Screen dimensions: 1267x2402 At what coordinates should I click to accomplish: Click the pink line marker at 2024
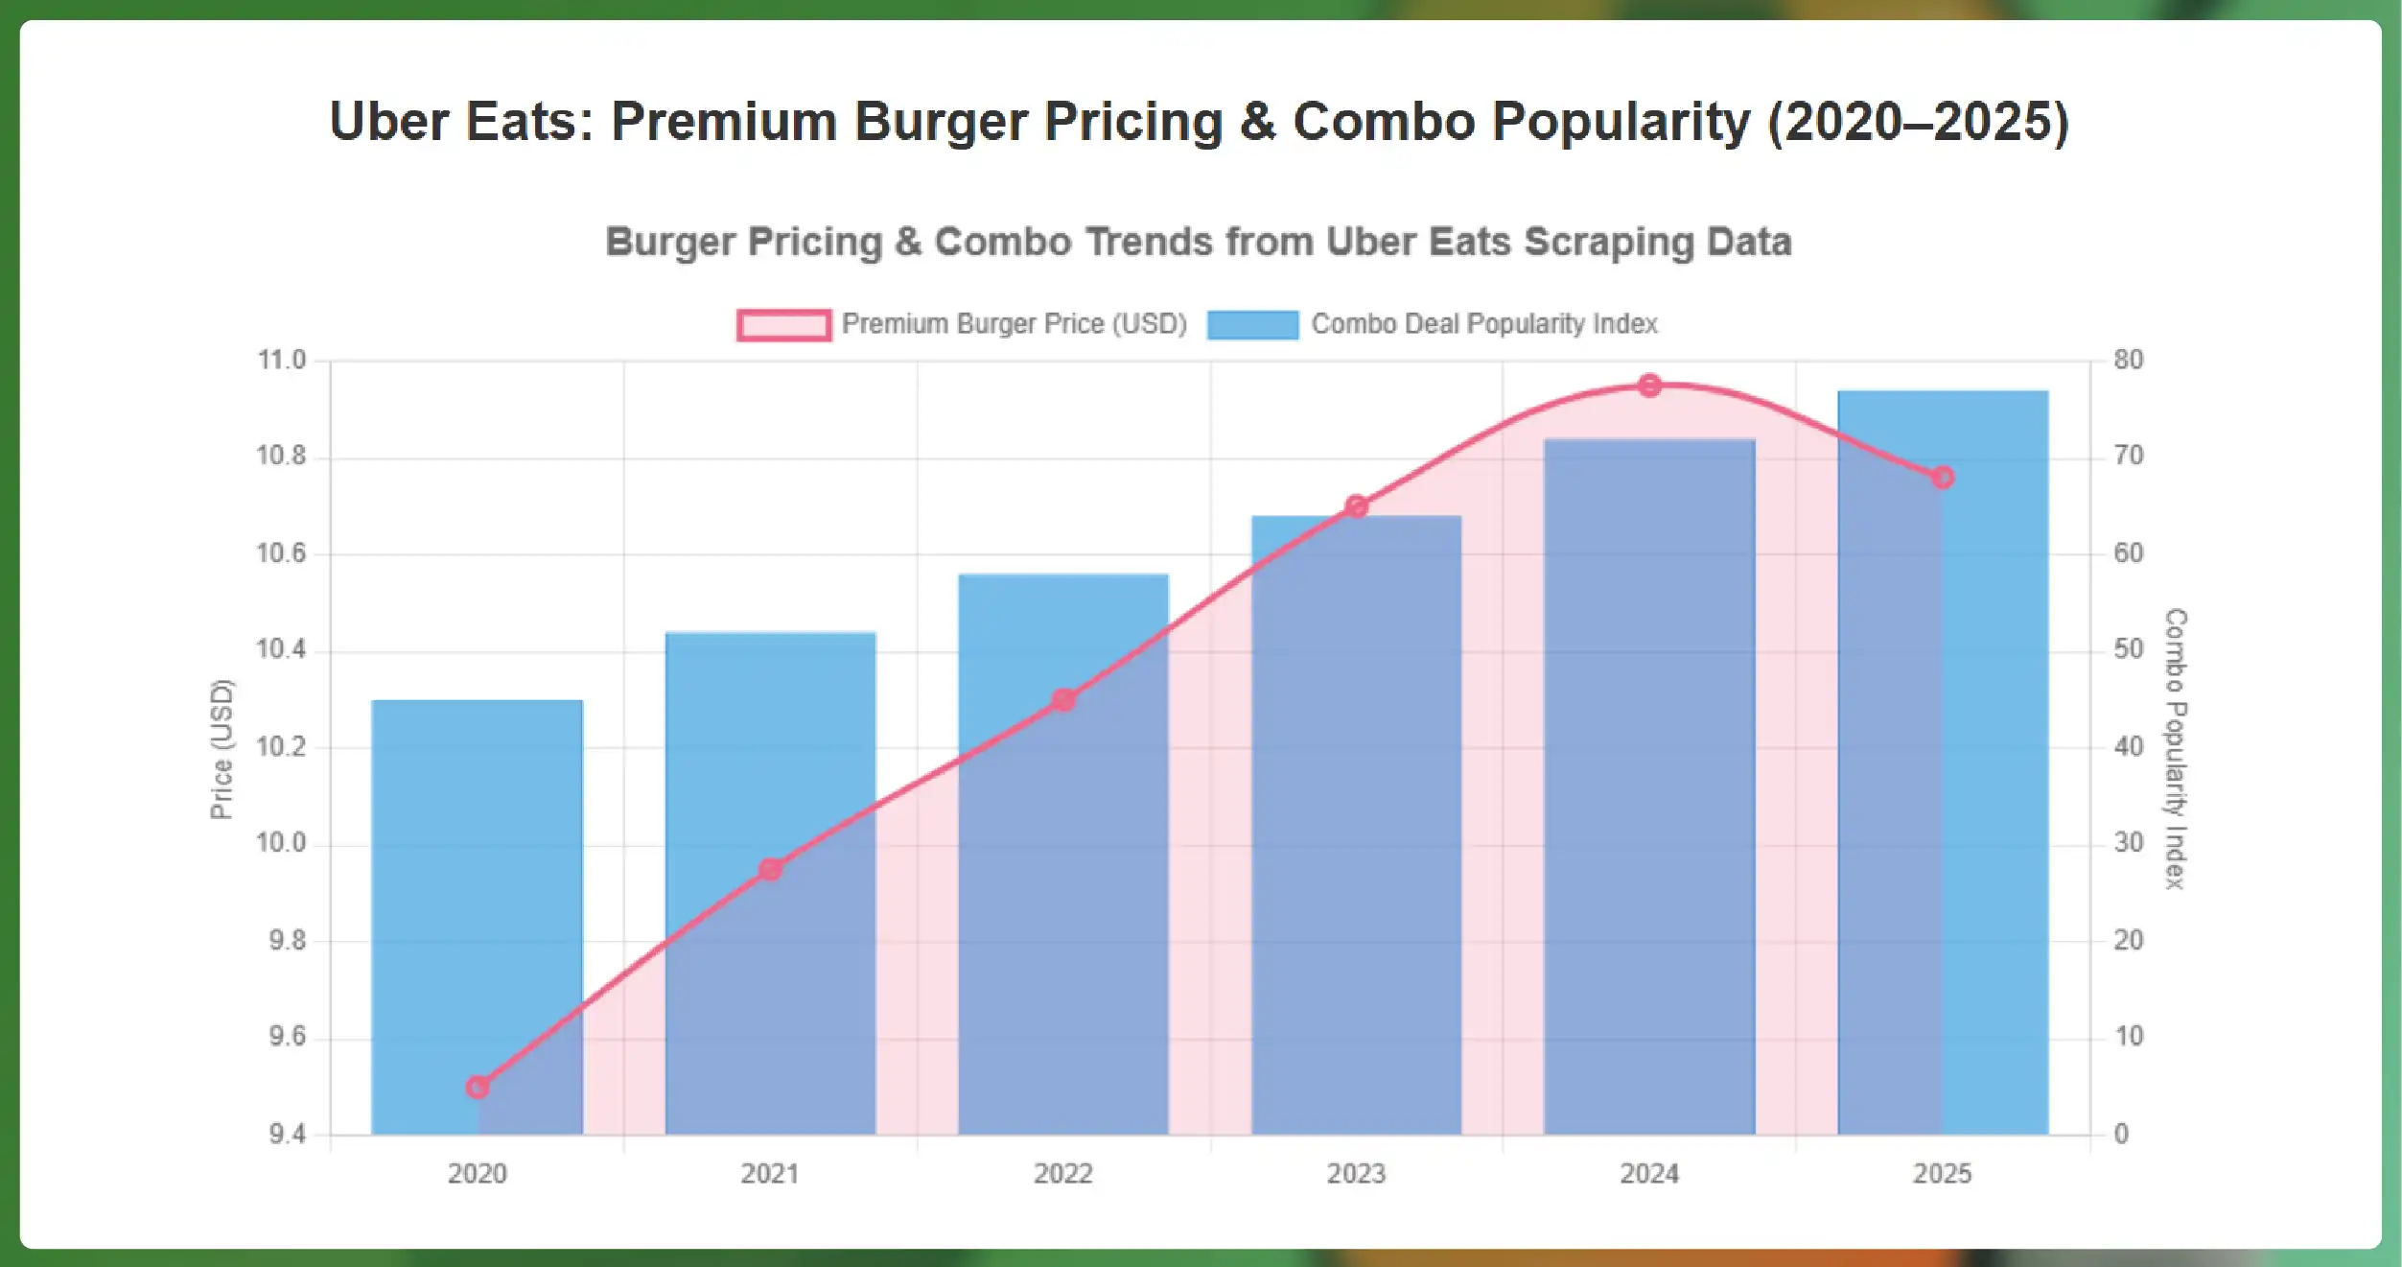click(x=1649, y=386)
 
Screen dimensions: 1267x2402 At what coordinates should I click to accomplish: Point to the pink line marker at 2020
click(x=478, y=1087)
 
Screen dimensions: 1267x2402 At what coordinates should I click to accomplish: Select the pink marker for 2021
click(x=770, y=869)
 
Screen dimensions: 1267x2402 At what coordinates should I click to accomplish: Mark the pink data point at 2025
click(x=1943, y=477)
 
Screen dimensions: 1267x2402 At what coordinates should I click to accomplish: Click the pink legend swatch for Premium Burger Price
click(x=783, y=324)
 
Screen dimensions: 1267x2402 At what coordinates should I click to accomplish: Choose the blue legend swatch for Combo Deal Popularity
click(x=1252, y=324)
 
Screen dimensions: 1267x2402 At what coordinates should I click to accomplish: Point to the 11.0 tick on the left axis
click(x=281, y=361)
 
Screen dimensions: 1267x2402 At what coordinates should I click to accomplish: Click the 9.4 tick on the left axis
click(x=287, y=1135)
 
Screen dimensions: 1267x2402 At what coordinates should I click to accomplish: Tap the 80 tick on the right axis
click(x=2128, y=361)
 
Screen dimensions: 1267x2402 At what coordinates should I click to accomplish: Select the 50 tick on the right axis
click(x=2128, y=649)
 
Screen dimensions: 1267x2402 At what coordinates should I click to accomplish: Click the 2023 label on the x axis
click(x=1356, y=1173)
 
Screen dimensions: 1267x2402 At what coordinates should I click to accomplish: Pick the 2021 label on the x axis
click(x=770, y=1173)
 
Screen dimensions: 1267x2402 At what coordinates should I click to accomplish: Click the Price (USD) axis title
click(x=222, y=748)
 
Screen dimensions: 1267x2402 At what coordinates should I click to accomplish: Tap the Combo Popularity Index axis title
click(x=2176, y=748)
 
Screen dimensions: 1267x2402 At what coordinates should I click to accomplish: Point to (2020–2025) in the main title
click(x=1918, y=122)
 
